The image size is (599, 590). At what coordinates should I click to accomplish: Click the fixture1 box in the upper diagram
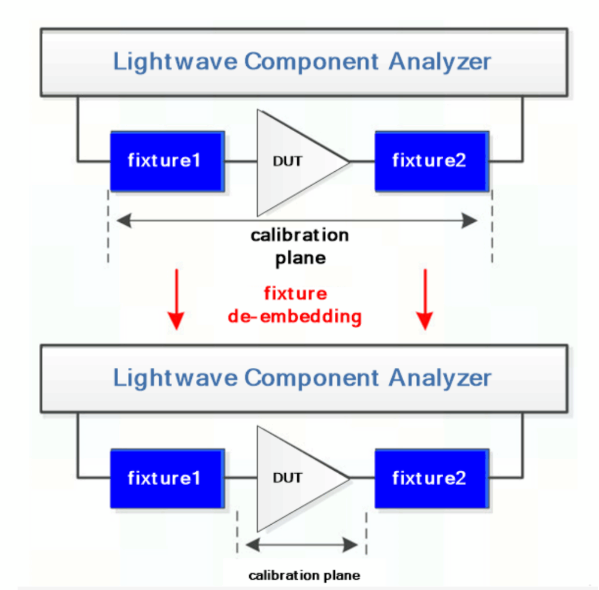[167, 161]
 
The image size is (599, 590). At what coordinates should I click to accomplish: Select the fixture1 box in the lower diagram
[167, 478]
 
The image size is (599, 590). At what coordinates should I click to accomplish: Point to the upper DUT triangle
[294, 162]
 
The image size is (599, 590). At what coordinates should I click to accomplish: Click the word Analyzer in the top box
[440, 62]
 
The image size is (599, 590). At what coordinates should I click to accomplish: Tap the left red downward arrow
[176, 299]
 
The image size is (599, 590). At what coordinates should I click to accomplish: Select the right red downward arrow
[425, 299]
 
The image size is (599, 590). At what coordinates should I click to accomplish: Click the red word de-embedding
[295, 316]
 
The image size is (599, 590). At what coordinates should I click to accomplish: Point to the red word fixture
[295, 294]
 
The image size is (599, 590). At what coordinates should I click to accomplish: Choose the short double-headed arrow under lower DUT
[302, 544]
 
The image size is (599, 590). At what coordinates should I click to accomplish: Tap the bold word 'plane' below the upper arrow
[300, 259]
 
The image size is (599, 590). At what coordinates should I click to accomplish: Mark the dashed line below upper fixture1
[108, 228]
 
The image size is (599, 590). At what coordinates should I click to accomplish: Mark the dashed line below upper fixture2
[492, 228]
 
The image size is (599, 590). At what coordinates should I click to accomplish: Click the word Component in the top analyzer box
[311, 62]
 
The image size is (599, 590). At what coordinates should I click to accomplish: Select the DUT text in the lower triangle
[288, 478]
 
